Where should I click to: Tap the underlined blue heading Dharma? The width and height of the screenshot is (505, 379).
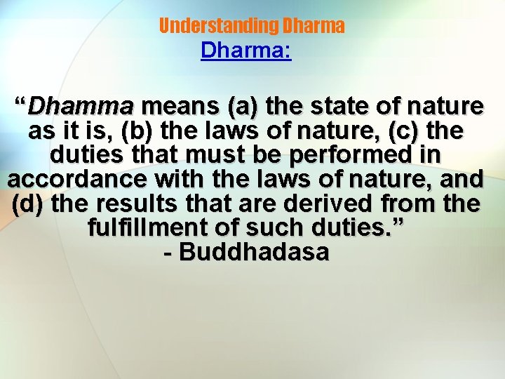coord(245,51)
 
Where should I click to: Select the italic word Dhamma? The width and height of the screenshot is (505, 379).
coord(80,107)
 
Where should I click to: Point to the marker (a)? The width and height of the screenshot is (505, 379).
coord(243,107)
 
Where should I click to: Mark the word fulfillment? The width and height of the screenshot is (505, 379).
coord(147,228)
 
